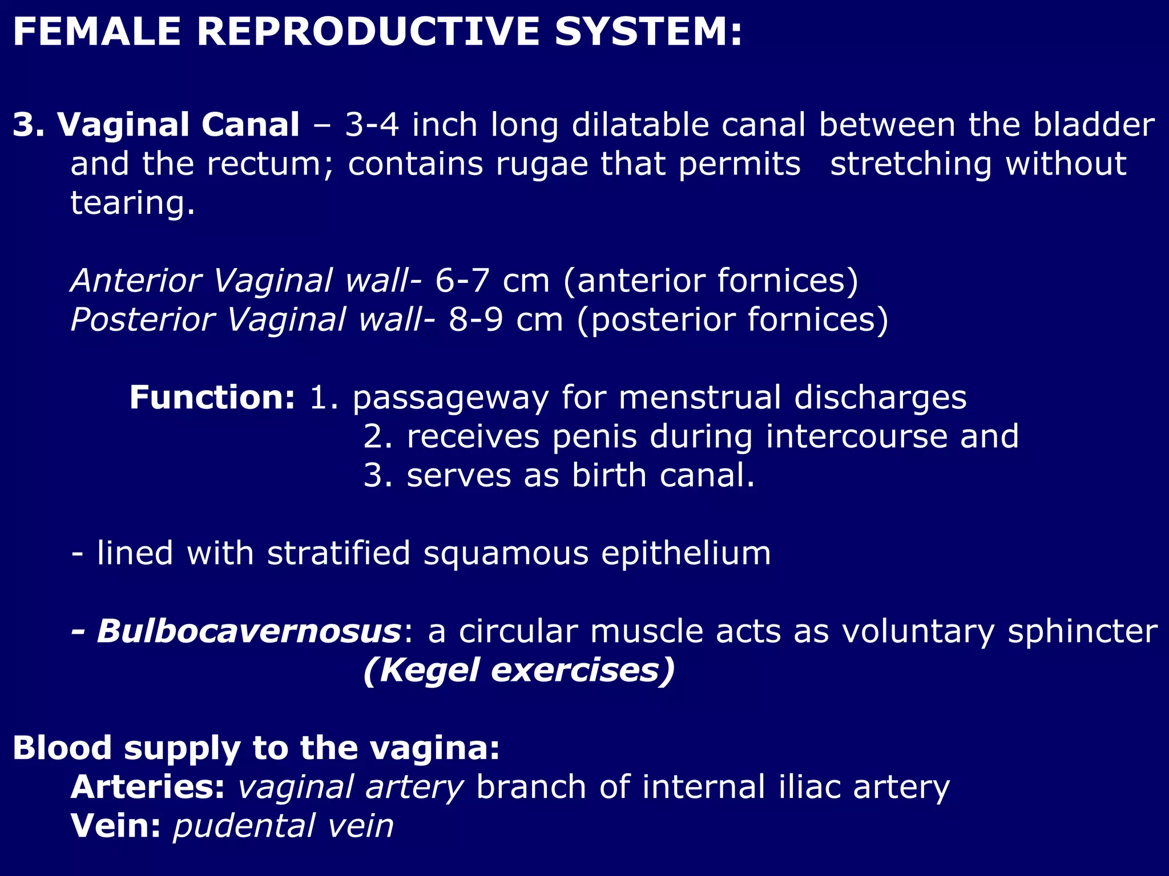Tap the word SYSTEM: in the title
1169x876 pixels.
click(648, 31)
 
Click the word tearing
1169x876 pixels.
click(132, 204)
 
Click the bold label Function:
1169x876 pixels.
click(212, 398)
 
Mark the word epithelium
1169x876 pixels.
click(686, 553)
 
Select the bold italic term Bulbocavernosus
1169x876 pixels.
click(249, 631)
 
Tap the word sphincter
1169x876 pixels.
click(1082, 631)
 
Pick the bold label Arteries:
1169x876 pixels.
click(148, 788)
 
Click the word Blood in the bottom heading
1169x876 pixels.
click(62, 748)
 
